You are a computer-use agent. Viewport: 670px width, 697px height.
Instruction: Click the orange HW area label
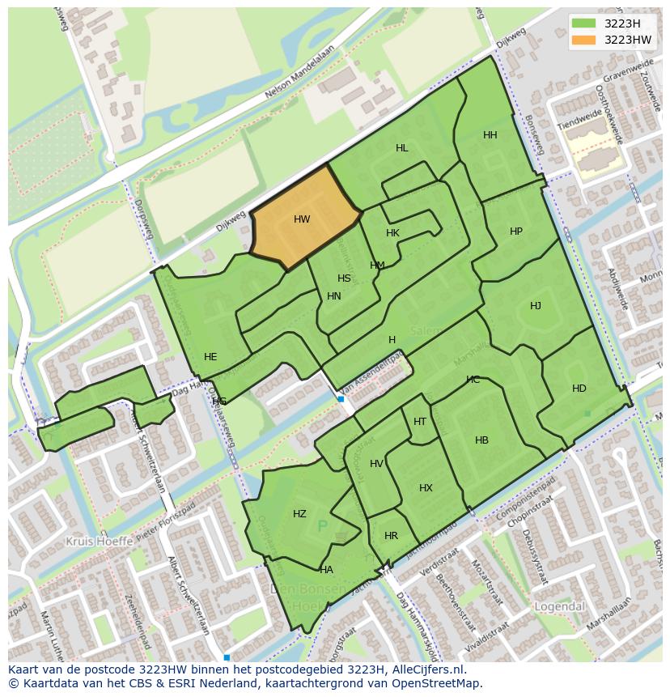click(302, 219)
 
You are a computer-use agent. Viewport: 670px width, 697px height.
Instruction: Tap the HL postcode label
click(402, 148)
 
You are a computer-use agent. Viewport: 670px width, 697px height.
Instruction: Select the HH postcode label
click(490, 135)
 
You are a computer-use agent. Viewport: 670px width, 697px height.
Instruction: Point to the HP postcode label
click(516, 232)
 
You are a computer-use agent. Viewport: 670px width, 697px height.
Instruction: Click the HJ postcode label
click(536, 306)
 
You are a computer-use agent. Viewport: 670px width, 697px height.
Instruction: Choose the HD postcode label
click(579, 389)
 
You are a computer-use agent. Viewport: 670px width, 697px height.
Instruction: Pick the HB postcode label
click(481, 440)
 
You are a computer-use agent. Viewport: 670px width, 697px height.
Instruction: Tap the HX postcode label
click(426, 488)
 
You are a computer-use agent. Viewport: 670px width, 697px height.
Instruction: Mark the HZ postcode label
click(300, 514)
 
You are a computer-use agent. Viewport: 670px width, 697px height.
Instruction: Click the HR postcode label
click(392, 536)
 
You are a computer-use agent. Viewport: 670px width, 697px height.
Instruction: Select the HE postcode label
click(210, 357)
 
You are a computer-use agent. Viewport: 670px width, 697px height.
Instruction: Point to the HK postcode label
click(393, 233)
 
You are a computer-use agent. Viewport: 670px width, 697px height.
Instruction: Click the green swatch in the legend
click(583, 23)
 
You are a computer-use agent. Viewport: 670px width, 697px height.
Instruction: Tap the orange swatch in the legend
click(583, 40)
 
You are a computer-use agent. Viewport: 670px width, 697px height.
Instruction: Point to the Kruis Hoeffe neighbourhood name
click(100, 541)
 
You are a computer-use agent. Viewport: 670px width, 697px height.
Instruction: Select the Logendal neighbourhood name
click(560, 606)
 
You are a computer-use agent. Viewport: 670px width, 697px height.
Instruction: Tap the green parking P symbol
click(322, 527)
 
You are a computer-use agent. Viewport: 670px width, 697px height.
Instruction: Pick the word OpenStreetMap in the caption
click(442, 683)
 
